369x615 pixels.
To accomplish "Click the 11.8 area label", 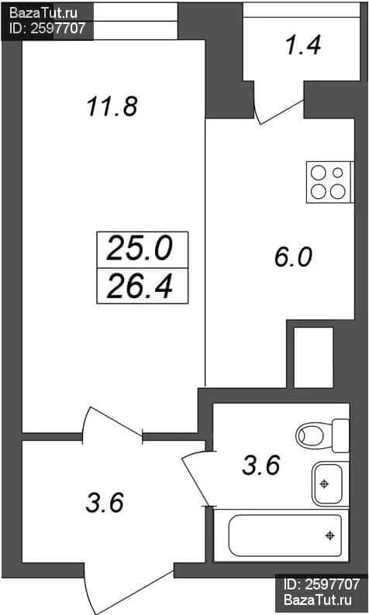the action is [112, 107].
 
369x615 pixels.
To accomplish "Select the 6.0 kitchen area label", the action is [293, 257].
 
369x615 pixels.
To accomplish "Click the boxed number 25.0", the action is [140, 249].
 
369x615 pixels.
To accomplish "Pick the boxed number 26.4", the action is [140, 286].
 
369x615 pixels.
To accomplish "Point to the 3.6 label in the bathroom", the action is [260, 466].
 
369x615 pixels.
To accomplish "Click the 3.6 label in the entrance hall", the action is [105, 503].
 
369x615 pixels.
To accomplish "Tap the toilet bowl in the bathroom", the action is [322, 435].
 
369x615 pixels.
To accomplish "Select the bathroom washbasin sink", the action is [329, 483].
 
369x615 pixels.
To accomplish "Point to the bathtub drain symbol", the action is [330, 535].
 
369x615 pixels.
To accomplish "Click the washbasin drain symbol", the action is [324, 484].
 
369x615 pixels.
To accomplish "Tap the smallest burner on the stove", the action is [337, 173].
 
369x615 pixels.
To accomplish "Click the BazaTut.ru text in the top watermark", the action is [43, 13].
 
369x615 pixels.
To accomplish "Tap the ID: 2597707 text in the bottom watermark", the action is [322, 585].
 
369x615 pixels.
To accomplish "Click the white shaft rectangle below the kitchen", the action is [314, 357].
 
